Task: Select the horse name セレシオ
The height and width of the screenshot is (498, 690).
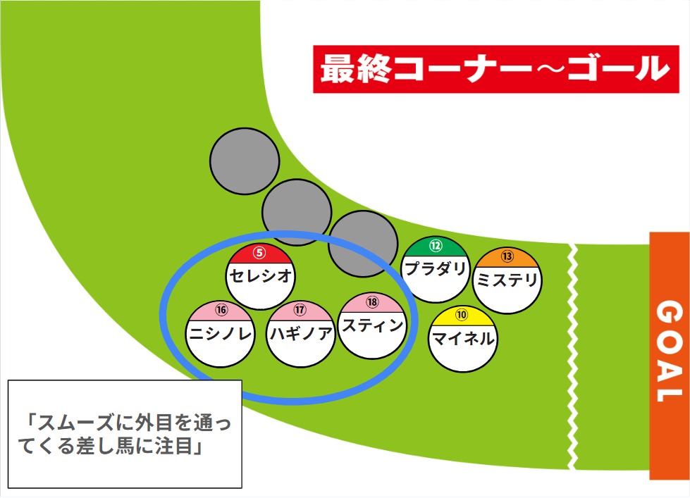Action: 261,276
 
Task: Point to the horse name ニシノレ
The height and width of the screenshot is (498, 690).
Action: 221,335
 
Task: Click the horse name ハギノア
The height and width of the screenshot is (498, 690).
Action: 301,334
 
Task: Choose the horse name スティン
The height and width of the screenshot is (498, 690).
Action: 372,325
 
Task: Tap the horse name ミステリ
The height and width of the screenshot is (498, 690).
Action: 507,280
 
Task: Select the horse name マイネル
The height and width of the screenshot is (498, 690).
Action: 462,339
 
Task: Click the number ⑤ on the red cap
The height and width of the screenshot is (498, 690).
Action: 260,253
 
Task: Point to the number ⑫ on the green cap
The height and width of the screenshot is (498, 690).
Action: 436,246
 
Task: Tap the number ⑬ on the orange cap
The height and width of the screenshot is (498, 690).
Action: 507,256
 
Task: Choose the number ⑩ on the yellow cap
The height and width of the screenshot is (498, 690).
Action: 462,315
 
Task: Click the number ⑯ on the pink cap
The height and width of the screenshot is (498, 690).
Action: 221,310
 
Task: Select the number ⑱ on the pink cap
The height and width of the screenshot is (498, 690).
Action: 372,302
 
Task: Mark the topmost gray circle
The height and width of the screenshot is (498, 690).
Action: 244,161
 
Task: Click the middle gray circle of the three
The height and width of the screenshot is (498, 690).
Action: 297,211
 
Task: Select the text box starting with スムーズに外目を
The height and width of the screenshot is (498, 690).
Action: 125,434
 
